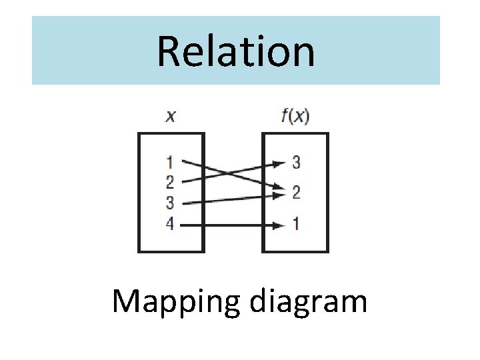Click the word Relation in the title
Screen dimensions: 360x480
coord(236,52)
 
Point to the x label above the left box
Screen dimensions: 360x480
coord(171,117)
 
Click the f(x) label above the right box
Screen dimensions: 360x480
coord(295,117)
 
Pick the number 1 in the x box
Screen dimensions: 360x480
coord(170,161)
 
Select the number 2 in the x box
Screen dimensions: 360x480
coord(170,181)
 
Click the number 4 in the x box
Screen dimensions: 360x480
coord(170,224)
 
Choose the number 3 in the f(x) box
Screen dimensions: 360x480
coord(296,161)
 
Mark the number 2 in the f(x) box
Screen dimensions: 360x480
coord(296,193)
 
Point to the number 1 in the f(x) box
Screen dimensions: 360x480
coord(296,224)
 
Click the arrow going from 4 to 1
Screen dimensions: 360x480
coord(227,225)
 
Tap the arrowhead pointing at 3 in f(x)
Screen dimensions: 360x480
coord(278,161)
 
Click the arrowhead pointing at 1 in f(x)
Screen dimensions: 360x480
coord(278,225)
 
